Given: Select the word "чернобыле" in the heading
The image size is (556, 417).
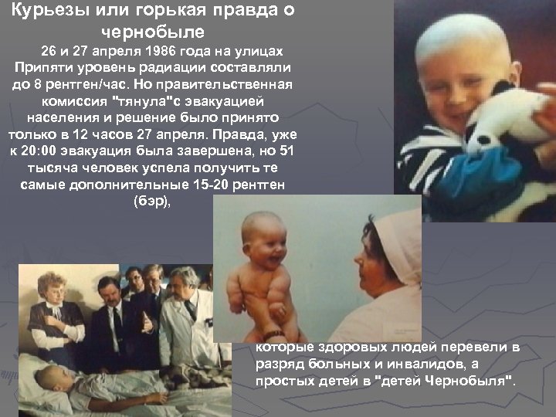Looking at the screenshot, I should pos(152,32).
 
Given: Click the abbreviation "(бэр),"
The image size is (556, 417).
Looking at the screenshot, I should pos(151,202).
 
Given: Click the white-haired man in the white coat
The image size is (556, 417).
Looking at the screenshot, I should pos(185,309).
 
